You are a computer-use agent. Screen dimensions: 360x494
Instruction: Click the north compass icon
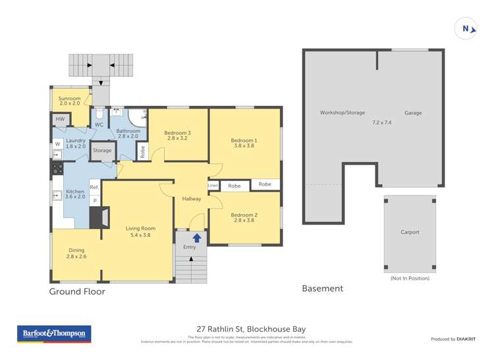(466, 28)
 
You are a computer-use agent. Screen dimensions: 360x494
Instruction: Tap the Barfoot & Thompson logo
(54, 334)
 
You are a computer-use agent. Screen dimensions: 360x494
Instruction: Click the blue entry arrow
(196, 238)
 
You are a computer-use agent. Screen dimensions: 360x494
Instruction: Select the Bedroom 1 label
(244, 140)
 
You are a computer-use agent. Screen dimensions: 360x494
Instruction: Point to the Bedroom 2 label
(244, 215)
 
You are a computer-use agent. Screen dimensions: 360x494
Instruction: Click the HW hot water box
(61, 119)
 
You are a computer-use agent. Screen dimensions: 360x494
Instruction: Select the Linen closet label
(213, 186)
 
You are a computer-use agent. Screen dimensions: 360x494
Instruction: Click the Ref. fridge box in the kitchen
(94, 188)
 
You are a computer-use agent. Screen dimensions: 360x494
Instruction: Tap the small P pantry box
(94, 201)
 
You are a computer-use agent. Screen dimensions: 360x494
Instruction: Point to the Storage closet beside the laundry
(102, 151)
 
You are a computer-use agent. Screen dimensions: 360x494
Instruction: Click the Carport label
(410, 232)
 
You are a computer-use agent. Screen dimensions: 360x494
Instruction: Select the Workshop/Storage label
(342, 113)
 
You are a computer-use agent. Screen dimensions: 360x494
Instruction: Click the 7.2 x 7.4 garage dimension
(381, 122)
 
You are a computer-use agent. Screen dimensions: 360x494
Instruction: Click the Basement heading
(322, 288)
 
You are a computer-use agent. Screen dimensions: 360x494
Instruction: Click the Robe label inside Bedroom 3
(142, 151)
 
